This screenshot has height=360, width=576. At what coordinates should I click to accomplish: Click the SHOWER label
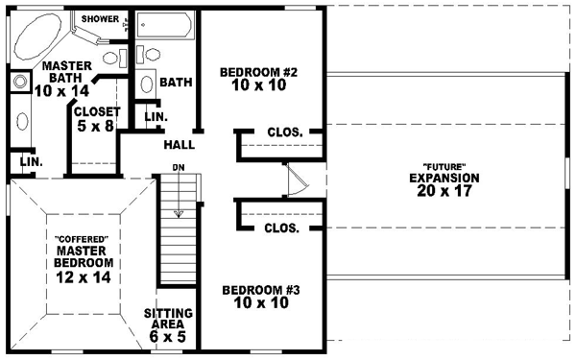point(101,18)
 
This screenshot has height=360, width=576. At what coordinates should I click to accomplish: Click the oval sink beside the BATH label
point(147,84)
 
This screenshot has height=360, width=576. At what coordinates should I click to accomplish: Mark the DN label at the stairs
point(178,168)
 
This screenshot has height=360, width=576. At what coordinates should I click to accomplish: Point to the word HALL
point(180,145)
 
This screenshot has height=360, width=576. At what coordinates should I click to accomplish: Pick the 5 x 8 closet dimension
point(94,125)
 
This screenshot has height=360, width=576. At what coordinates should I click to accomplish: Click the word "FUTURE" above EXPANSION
point(444,166)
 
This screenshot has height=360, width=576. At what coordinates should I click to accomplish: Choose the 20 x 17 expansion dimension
point(444,192)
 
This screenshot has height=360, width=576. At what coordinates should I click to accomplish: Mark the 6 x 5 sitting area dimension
point(169,339)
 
